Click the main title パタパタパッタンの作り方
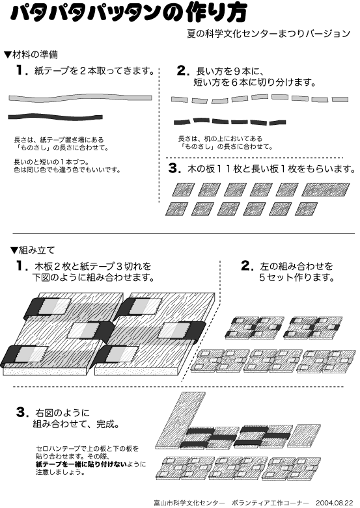(128, 14)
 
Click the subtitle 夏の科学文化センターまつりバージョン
(269, 34)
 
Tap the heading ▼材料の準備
(31, 55)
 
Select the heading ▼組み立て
(33, 250)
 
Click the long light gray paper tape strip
(80, 98)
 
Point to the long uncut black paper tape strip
(55, 116)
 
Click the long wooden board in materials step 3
(325, 189)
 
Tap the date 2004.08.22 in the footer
(334, 503)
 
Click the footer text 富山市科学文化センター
(189, 503)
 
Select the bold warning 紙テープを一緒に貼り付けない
(81, 464)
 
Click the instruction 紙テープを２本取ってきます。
(94, 71)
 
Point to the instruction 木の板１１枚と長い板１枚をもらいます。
(271, 169)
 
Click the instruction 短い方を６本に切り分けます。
(255, 83)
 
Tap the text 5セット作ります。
(296, 278)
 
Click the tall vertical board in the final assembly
(180, 421)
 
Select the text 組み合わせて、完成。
(76, 424)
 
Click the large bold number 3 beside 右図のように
(21, 412)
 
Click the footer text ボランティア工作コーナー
(270, 503)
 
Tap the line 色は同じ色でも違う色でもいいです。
(67, 170)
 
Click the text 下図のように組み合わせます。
(92, 278)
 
